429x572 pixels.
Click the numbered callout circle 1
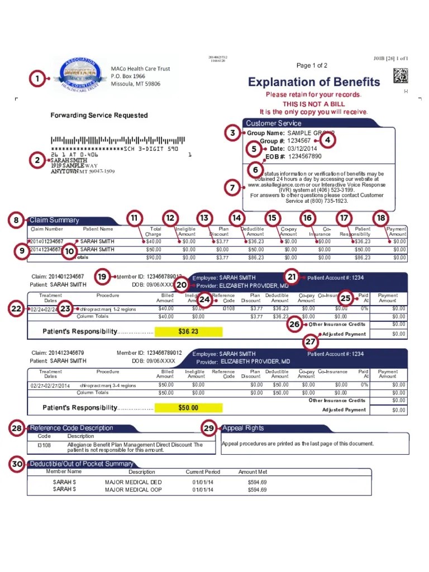(37, 79)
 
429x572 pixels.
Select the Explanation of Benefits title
(314, 82)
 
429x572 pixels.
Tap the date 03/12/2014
(302, 149)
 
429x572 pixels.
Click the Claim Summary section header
(54, 220)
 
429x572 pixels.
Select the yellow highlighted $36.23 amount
(188, 332)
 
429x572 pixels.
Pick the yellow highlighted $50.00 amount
(188, 408)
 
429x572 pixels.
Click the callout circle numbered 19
(102, 277)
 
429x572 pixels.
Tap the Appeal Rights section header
(243, 428)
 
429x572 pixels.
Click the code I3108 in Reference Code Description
(44, 445)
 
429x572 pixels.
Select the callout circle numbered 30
(18, 464)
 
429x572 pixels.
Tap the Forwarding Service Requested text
(99, 115)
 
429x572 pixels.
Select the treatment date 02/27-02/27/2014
(51, 385)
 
